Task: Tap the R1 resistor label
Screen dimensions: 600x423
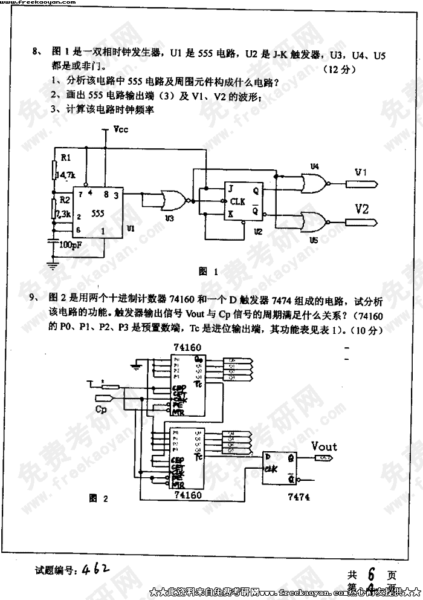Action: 65,158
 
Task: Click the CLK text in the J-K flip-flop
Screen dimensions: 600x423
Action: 237,202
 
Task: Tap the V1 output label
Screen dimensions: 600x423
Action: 361,173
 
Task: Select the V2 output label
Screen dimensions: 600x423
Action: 361,210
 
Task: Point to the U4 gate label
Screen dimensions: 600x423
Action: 314,166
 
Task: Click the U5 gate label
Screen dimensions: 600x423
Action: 313,240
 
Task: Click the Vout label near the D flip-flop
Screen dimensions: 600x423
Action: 324,446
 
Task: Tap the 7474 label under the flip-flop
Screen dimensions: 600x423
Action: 299,497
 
